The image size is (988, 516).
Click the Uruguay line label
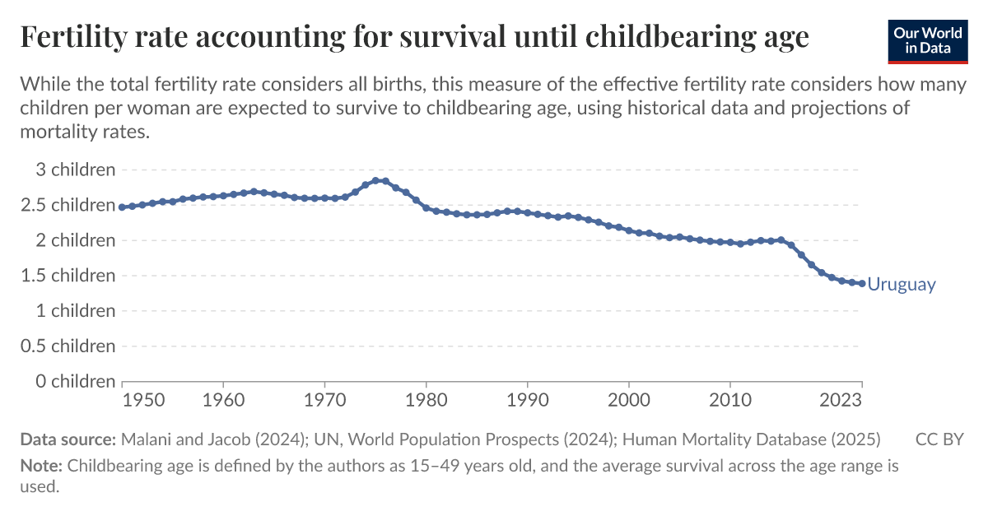click(902, 285)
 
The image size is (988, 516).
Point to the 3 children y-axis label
click(68, 170)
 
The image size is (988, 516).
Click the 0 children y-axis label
click(68, 382)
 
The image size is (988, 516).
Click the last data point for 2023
click(862, 283)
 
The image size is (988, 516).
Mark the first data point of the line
click(123, 207)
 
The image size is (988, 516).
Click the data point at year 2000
click(629, 230)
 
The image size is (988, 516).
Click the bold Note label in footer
click(41, 466)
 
